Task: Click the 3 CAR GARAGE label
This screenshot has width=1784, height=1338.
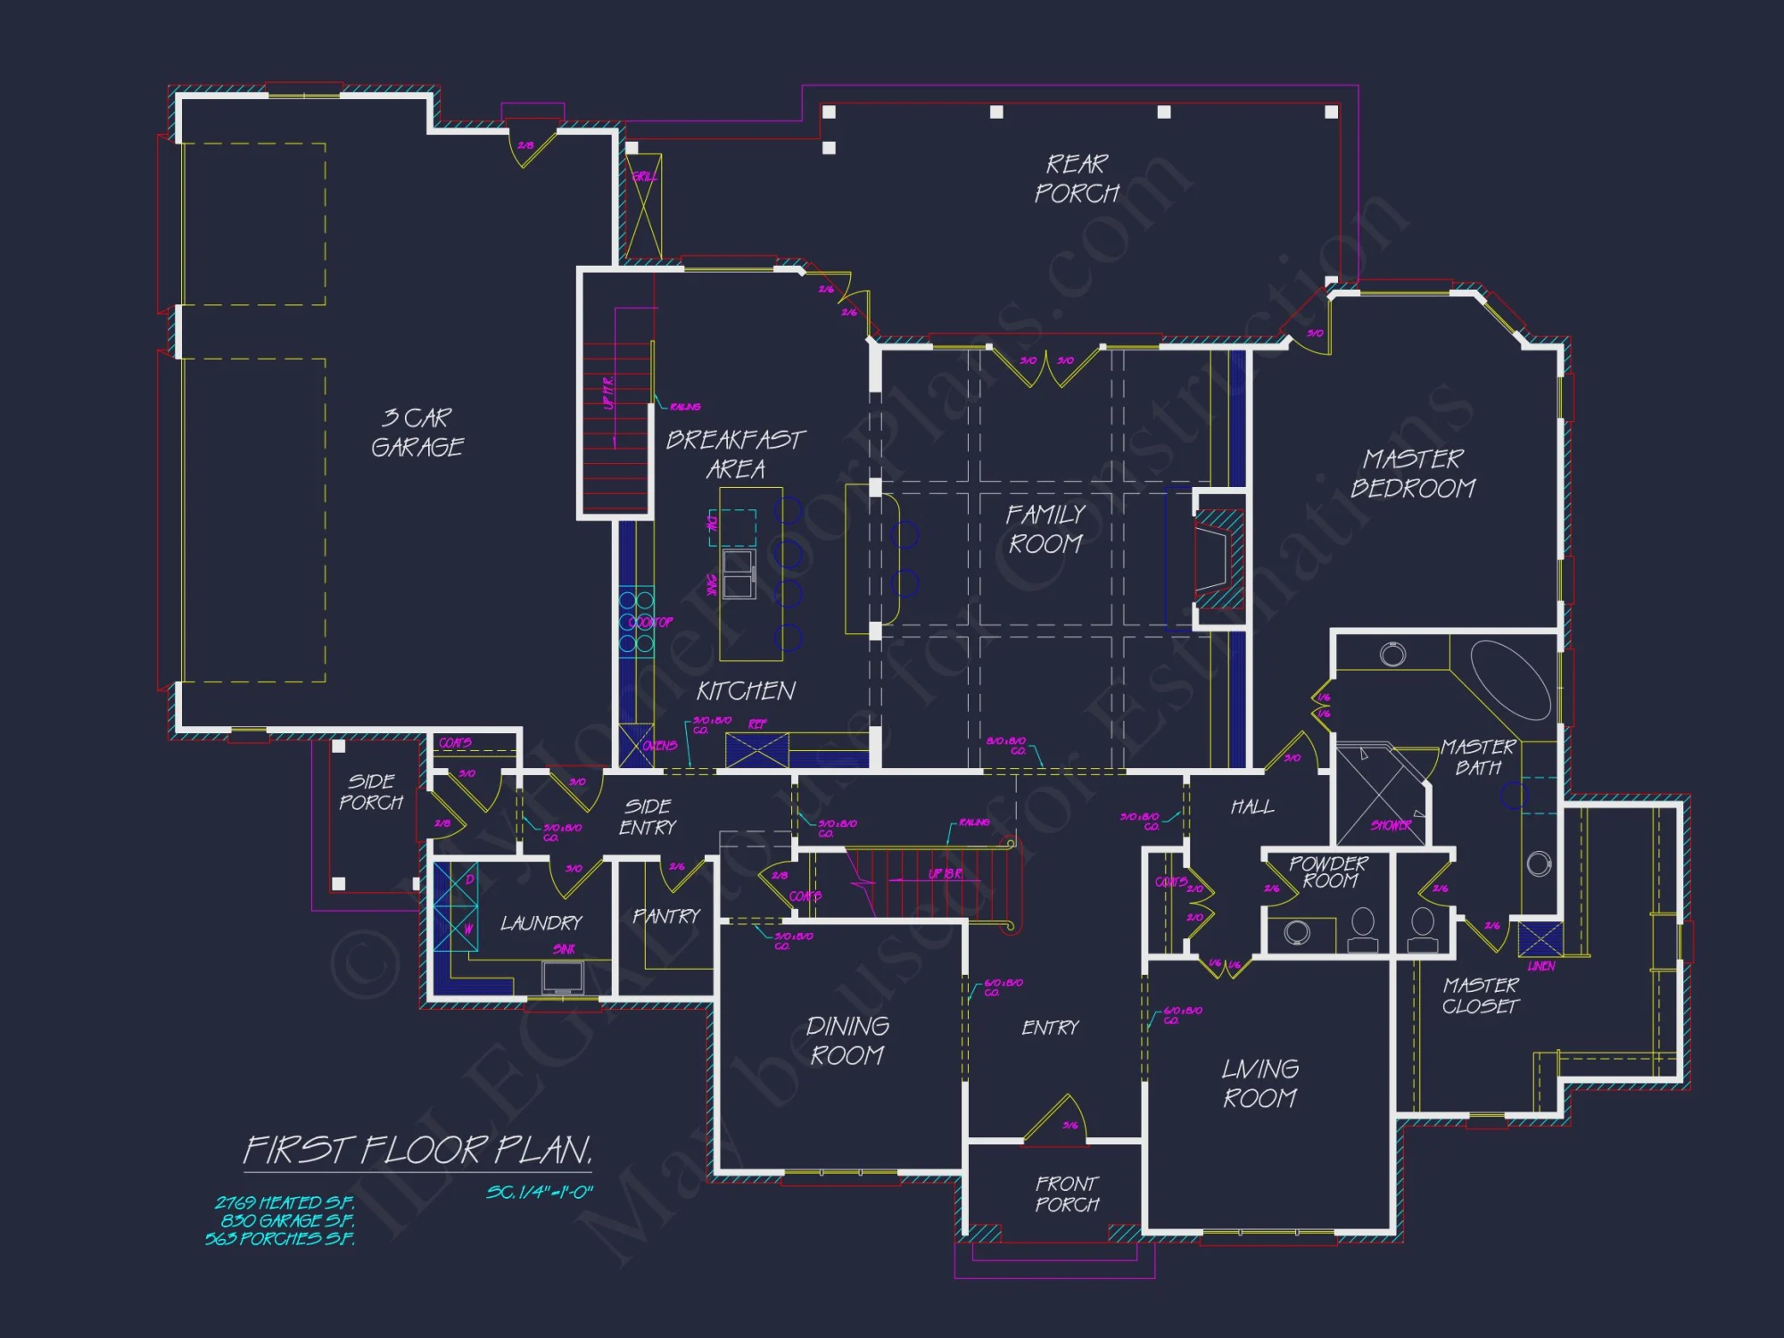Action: [x=417, y=433]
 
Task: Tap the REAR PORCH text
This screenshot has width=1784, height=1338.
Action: [x=1077, y=178]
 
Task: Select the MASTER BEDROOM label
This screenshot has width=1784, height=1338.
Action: [x=1413, y=474]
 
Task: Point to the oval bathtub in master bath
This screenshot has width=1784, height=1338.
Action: [x=1510, y=679]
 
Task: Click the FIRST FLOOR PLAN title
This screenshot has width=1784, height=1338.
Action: [x=417, y=1151]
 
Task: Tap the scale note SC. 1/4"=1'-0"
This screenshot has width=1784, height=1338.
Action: [x=540, y=1193]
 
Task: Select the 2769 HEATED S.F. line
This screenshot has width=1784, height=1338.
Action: [x=285, y=1202]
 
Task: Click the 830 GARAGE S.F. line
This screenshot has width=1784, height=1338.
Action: [x=287, y=1220]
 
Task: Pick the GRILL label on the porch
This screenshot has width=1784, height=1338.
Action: [x=644, y=177]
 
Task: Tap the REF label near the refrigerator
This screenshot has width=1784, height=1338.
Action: [x=757, y=723]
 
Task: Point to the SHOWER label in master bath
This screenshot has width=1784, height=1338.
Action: [x=1391, y=825]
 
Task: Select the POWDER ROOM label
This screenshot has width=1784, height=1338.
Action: [x=1329, y=872]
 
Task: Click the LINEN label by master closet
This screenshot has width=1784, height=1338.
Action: [x=1540, y=966]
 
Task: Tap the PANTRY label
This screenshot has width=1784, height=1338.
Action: [x=666, y=916]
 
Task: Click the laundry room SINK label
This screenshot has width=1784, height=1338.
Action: [x=564, y=949]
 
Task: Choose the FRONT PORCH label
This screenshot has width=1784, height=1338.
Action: [x=1068, y=1194]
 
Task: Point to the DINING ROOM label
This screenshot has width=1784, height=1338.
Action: [x=847, y=1041]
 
